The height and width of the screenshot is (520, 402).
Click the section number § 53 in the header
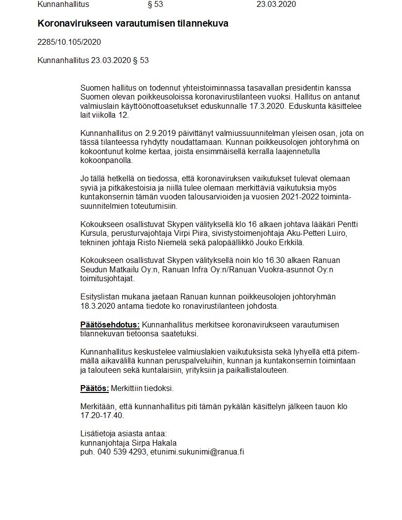[155, 4]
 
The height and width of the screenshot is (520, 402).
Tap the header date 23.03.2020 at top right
[276, 4]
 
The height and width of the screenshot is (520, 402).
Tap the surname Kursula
[94, 233]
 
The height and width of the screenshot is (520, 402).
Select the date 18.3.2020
[96, 306]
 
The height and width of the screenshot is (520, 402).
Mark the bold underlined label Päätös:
[95, 389]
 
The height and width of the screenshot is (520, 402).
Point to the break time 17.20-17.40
[102, 416]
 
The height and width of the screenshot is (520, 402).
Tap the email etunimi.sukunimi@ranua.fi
[197, 452]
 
